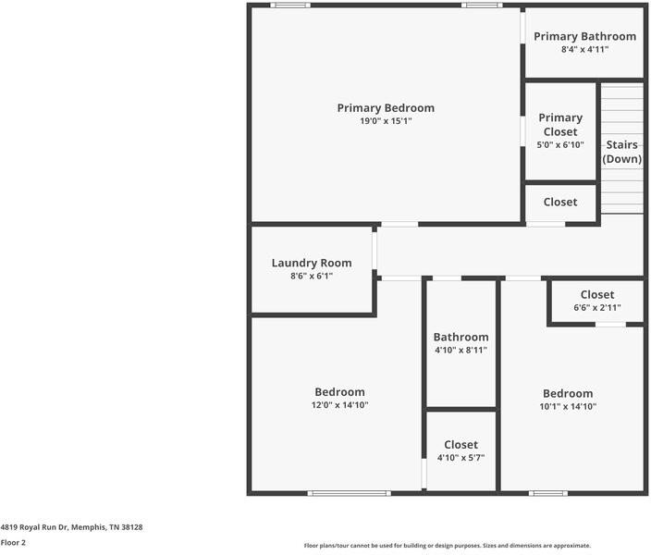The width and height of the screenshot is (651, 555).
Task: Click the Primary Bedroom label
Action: (386, 108)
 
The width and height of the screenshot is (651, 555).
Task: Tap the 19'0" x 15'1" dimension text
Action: (386, 121)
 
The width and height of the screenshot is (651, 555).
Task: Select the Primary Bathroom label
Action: (585, 37)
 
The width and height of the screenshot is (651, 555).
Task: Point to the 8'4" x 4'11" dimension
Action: (585, 49)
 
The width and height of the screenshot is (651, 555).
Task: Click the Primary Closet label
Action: (560, 125)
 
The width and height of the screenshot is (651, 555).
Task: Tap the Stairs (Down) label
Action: (622, 152)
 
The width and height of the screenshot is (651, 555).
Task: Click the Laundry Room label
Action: (312, 263)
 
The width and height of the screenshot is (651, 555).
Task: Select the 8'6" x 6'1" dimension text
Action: (312, 276)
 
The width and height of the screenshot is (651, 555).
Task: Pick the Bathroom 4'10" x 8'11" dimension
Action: (461, 350)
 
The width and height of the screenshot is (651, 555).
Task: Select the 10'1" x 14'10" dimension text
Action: (568, 406)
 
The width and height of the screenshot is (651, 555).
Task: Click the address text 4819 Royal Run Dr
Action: (34, 527)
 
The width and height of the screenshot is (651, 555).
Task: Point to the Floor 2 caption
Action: (13, 543)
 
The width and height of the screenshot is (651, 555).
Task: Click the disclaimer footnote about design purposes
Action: (448, 546)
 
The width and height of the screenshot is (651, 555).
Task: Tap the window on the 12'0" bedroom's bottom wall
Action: (350, 493)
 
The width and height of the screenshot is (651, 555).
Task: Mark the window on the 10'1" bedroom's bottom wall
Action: (548, 493)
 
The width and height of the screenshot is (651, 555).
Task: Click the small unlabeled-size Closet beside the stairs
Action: (560, 202)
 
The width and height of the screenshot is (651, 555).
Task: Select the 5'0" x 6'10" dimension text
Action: (560, 144)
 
